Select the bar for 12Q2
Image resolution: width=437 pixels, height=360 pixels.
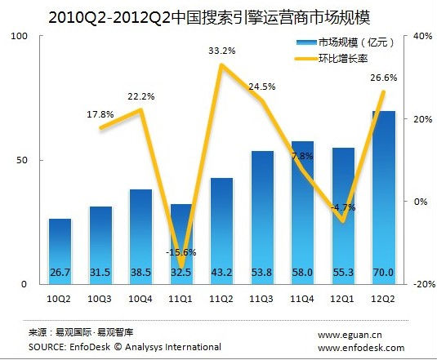(383, 196)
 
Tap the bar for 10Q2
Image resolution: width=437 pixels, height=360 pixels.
(60, 249)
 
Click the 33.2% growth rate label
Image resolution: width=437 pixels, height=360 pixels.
(222, 51)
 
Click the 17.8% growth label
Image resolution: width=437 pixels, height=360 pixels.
(100, 114)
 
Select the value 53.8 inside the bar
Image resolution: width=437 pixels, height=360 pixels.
(262, 272)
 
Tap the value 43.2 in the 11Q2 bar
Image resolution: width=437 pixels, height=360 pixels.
(221, 272)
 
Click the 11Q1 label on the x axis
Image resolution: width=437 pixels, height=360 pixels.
(181, 297)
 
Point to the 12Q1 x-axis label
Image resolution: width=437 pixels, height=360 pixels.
(343, 297)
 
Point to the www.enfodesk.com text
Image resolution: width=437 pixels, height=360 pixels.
(360, 347)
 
